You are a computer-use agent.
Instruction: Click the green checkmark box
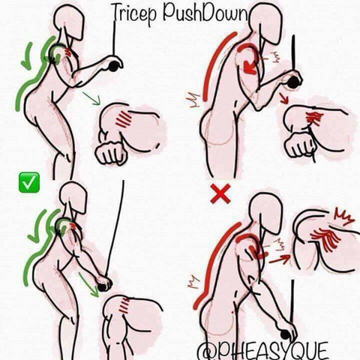point(29,182)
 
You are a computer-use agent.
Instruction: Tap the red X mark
point(220,193)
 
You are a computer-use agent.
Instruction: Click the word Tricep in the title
point(134,13)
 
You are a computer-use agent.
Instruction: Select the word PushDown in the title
point(205,12)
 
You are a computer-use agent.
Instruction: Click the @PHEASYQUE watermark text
point(262,350)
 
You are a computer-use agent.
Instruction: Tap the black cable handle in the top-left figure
point(114,66)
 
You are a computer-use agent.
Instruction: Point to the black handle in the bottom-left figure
point(102,287)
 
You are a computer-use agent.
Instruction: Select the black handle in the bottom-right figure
point(285,334)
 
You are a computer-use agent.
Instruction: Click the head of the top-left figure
point(70,21)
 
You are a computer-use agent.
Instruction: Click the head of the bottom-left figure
point(73,197)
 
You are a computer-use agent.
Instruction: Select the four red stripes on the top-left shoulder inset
point(123,118)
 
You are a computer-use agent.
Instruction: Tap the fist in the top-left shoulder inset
point(110,153)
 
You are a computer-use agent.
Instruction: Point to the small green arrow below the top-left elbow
point(91,98)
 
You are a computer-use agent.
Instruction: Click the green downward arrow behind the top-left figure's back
point(27,56)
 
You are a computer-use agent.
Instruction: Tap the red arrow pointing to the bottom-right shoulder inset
point(280,259)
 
